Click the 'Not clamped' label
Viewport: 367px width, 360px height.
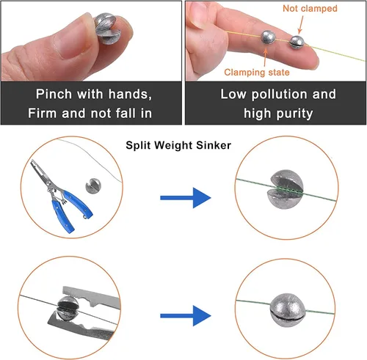point(310,9)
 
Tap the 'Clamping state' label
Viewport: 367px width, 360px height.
point(257,73)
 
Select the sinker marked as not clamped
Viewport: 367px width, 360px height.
point(297,42)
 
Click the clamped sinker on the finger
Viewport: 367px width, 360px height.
point(268,37)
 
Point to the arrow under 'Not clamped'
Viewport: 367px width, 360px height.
point(301,24)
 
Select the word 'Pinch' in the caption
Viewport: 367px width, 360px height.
point(54,94)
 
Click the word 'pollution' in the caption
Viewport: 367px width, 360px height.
point(280,95)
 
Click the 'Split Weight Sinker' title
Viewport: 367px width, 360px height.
point(178,145)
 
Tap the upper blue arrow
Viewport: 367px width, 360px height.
point(186,198)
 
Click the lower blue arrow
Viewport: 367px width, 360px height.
point(186,316)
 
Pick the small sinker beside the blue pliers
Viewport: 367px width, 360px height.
point(93,185)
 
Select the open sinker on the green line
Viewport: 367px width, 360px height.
point(287,189)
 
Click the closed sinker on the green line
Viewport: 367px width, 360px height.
point(288,311)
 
